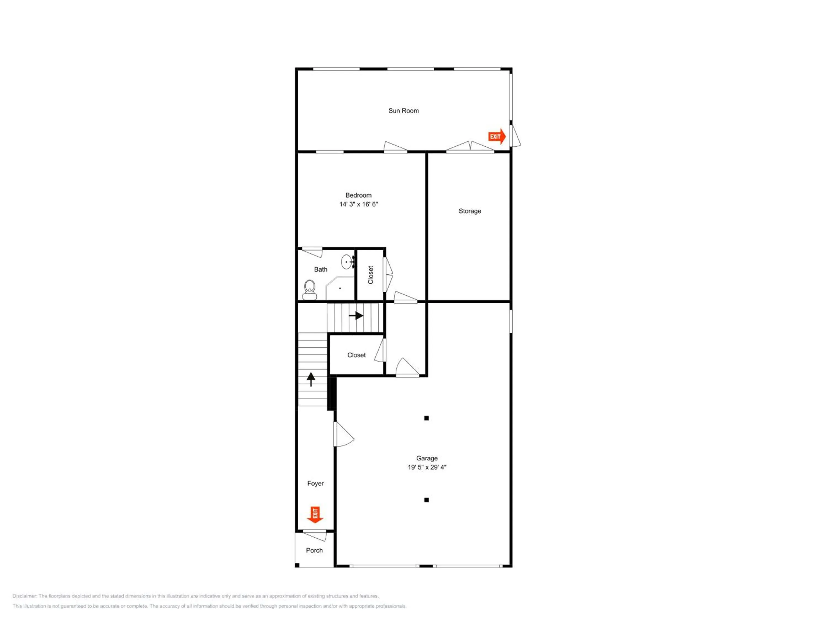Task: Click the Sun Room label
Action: [x=403, y=111]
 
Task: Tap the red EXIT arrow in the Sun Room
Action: [x=497, y=137]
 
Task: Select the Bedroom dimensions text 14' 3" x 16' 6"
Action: [x=359, y=205]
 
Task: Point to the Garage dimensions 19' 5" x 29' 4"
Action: [x=427, y=467]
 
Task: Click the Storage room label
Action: [x=470, y=211]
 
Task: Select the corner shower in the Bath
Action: [x=340, y=288]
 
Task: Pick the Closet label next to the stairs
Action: [x=356, y=355]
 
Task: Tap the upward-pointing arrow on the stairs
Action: [x=311, y=379]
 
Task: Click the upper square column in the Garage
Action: [x=426, y=418]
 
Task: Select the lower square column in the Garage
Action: [x=426, y=500]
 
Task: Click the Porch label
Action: [x=314, y=550]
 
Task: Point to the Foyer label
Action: [x=315, y=484]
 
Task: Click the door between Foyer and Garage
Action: [x=343, y=434]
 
